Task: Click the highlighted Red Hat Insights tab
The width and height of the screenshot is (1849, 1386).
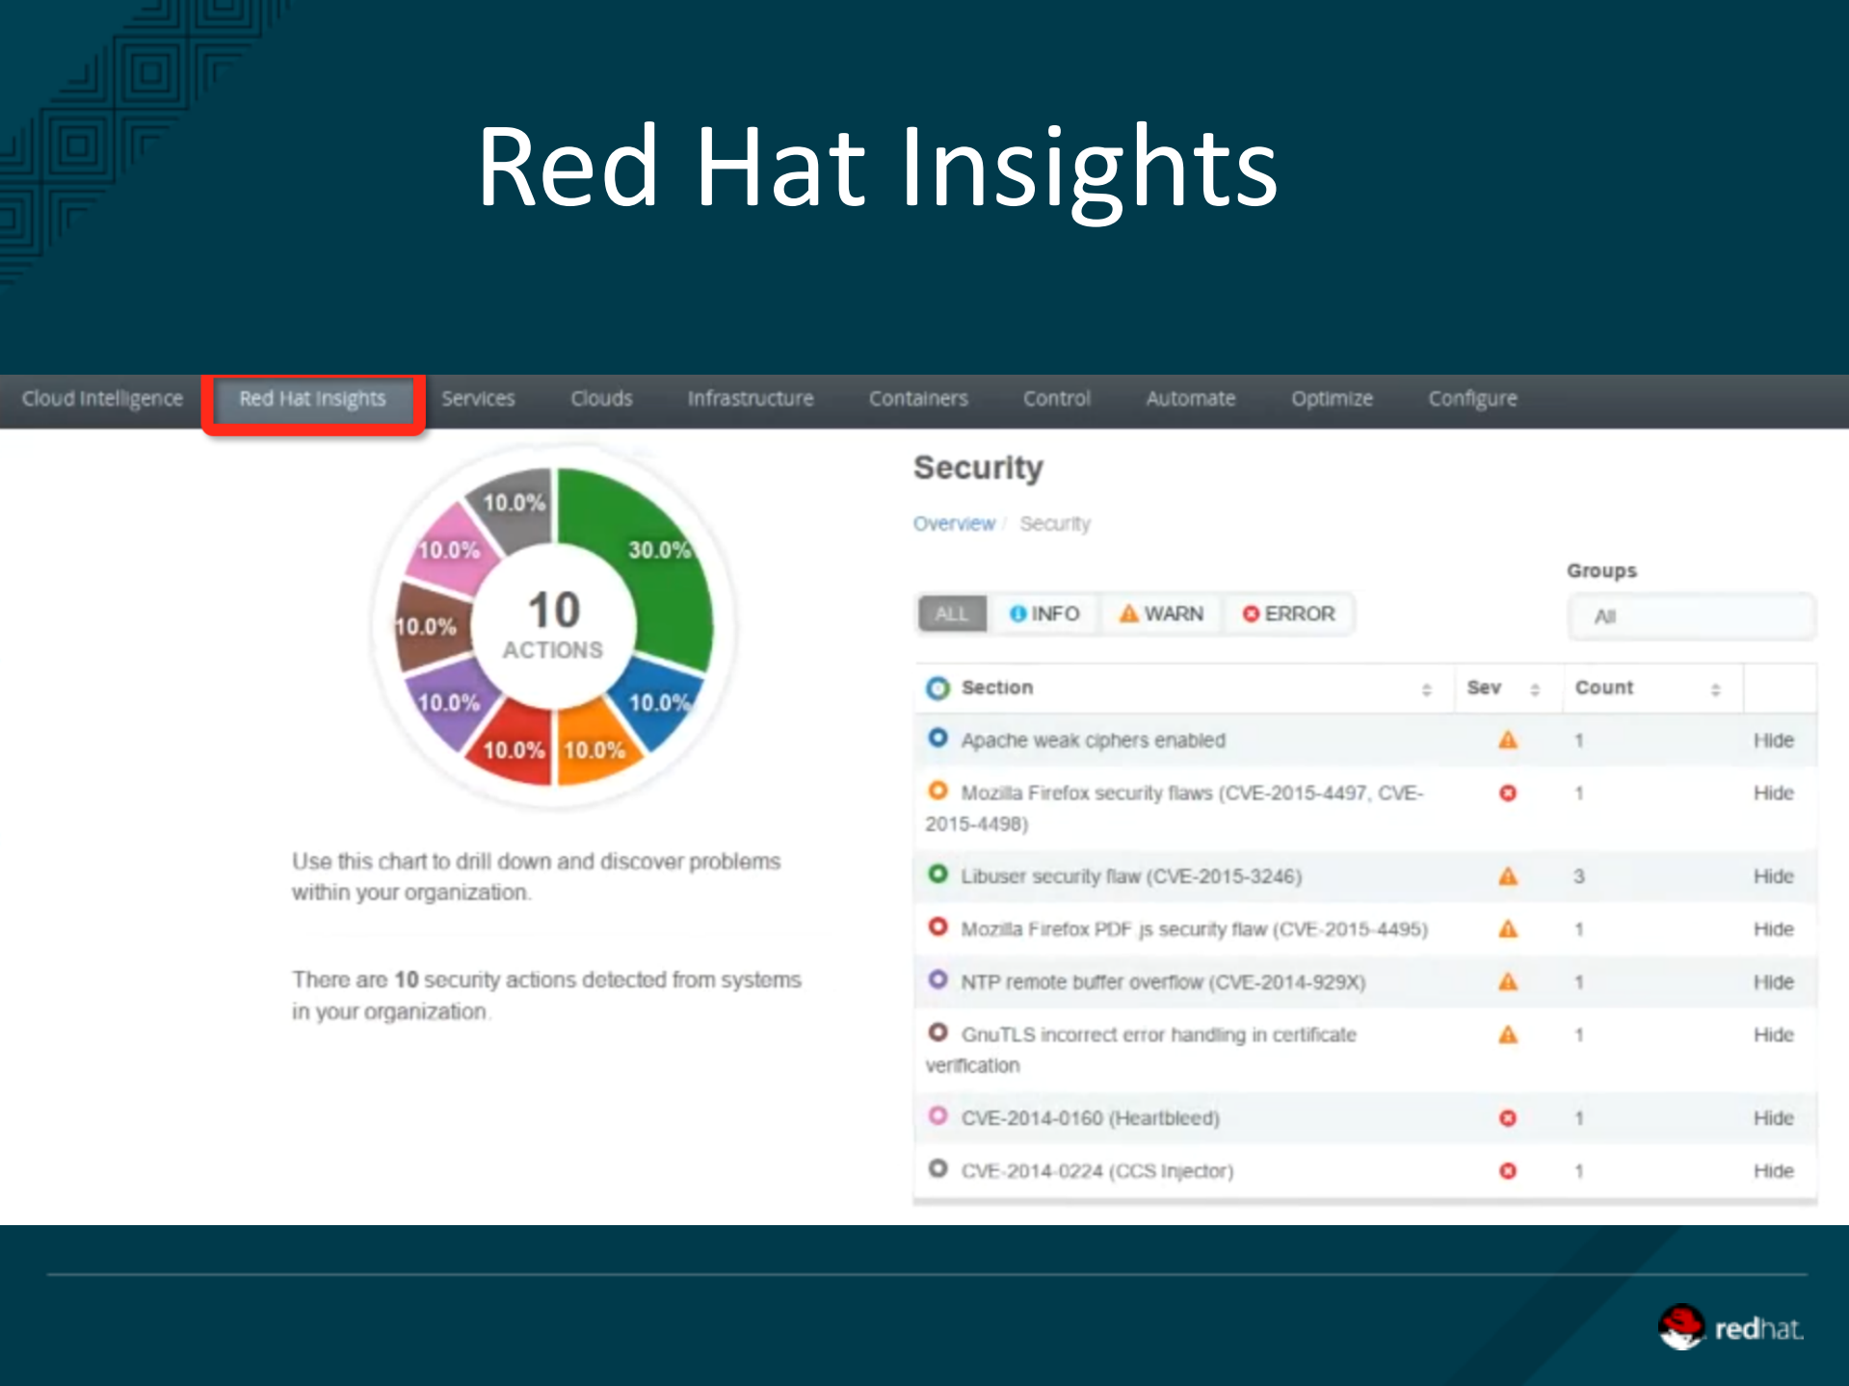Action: (312, 399)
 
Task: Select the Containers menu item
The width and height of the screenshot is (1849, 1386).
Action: (918, 399)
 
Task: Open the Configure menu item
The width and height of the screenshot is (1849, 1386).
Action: (1472, 399)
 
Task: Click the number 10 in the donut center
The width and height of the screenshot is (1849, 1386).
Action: (554, 611)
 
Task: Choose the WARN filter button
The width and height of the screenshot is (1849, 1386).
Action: (1161, 614)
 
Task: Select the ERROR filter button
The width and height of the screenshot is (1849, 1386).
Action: (1288, 614)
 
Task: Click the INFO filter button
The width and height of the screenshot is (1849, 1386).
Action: (1043, 614)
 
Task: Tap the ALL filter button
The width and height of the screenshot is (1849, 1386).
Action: (952, 614)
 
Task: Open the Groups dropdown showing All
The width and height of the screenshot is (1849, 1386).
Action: (1691, 616)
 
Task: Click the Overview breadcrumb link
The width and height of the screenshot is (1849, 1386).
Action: (954, 524)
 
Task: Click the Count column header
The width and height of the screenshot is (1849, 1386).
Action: (1604, 688)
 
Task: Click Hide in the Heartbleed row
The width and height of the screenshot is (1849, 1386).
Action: (1773, 1118)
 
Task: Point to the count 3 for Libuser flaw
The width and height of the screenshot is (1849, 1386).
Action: (1579, 876)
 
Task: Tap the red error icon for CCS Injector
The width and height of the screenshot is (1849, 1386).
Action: (1508, 1171)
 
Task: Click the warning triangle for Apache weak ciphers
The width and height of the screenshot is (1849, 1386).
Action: (1508, 740)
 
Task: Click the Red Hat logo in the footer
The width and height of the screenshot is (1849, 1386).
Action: (1730, 1328)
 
